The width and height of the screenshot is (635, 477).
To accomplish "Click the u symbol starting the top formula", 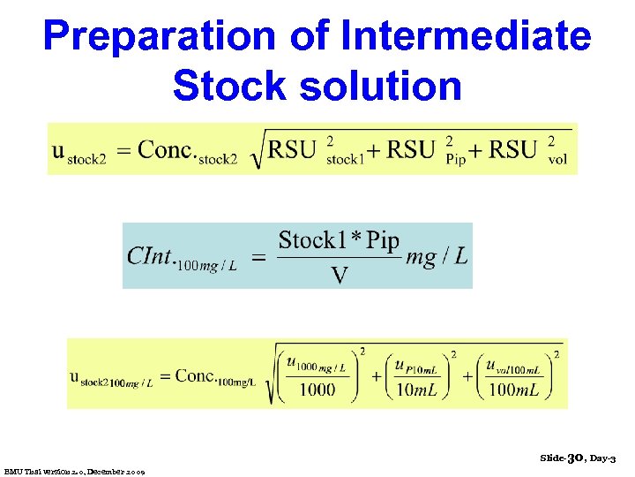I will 58,150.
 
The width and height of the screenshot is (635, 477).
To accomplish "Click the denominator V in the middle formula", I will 339,276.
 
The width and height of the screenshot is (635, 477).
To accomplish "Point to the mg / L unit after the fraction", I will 437,257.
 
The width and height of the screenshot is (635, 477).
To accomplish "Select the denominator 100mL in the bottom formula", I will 517,390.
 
